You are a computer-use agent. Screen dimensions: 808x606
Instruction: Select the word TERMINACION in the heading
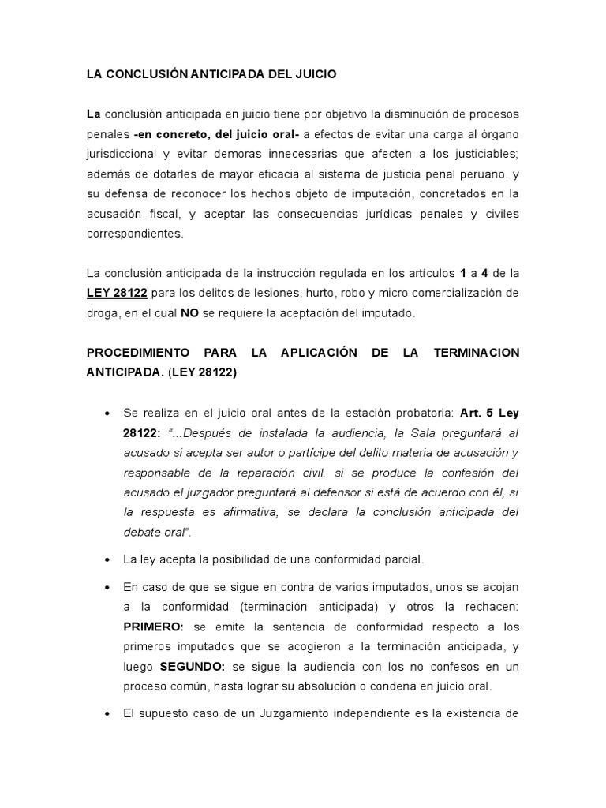(477, 352)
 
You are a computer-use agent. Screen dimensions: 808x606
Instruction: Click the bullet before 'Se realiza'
(107, 413)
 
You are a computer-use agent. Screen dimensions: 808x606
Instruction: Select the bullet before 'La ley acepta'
(107, 560)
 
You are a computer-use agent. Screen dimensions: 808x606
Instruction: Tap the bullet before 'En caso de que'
(107, 589)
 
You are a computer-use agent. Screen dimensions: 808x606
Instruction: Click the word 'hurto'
(312, 294)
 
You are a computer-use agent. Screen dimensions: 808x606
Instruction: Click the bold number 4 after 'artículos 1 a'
(484, 273)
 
